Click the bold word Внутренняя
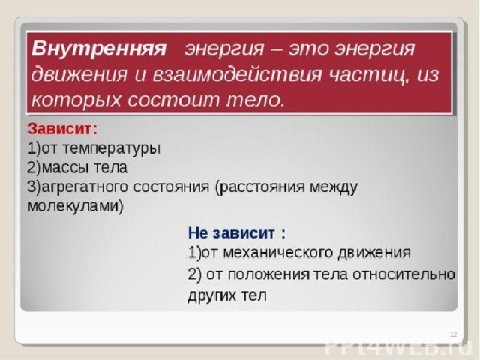pyautogui.click(x=99, y=48)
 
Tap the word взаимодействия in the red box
pyautogui.click(x=237, y=74)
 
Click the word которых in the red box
pyautogui.click(x=76, y=100)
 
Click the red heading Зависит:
pyautogui.click(x=62, y=129)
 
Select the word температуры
pyautogui.click(x=112, y=149)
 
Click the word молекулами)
pyautogui.click(x=75, y=205)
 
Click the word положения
pyautogui.click(x=268, y=274)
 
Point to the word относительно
pyautogui.click(x=403, y=274)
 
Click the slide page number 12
pyautogui.click(x=453, y=334)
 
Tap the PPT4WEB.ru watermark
pyautogui.click(x=397, y=346)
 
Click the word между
pyautogui.click(x=333, y=187)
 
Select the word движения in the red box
pyautogui.click(x=79, y=74)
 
